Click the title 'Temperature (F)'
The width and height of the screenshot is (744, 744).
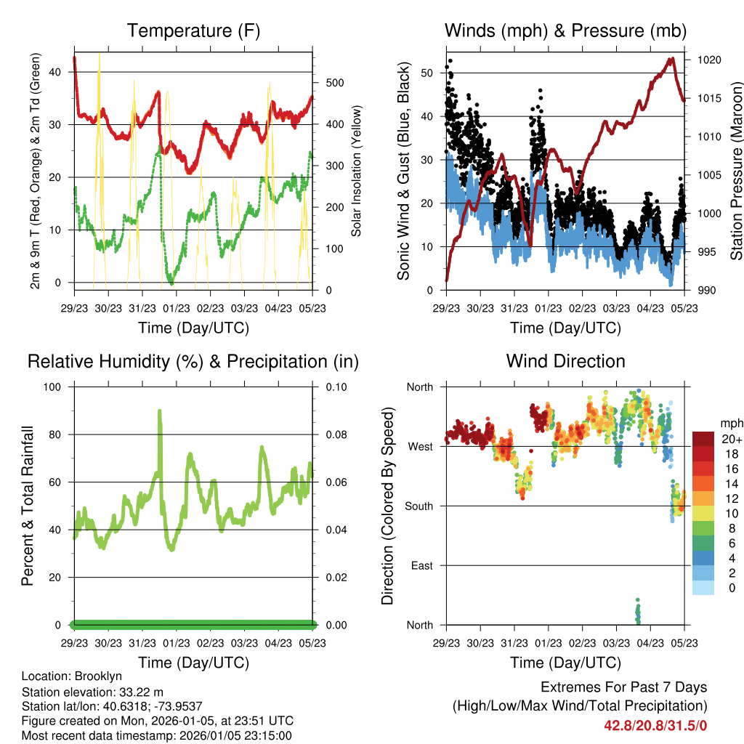[x=193, y=31]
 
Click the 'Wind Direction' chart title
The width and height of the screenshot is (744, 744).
[x=565, y=361]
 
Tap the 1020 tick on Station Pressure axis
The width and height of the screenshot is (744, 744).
[x=710, y=60]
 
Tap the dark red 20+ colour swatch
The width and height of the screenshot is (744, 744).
[x=703, y=439]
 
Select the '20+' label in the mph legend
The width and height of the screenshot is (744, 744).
[x=732, y=440]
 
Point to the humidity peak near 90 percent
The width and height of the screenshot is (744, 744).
[x=159, y=412]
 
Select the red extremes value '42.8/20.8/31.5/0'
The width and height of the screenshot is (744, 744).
[x=655, y=725]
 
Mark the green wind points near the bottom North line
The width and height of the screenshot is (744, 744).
[x=638, y=612]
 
